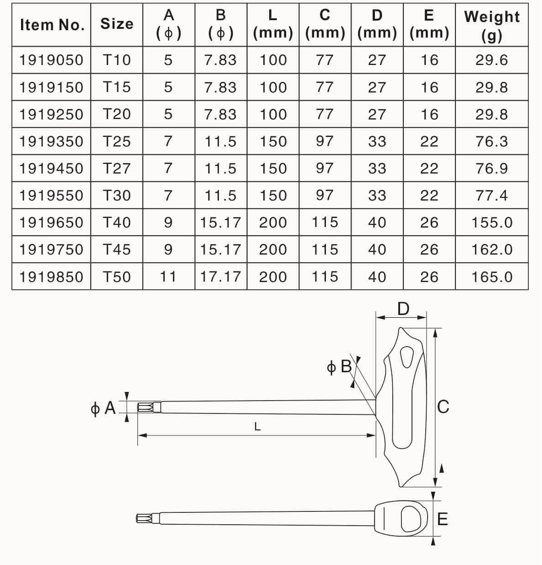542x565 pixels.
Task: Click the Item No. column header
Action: pyautogui.click(x=52, y=25)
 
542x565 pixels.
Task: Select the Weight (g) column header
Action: pyautogui.click(x=492, y=26)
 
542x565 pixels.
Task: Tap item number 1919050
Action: pyautogui.click(x=51, y=60)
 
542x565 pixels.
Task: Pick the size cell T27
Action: pyautogui.click(x=117, y=168)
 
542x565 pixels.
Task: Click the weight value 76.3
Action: pyautogui.click(x=492, y=141)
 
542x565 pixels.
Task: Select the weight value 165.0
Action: pyautogui.click(x=492, y=277)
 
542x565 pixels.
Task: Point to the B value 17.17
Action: pyautogui.click(x=221, y=277)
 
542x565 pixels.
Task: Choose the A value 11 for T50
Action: pyautogui.click(x=168, y=277)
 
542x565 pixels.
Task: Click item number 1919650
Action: pyautogui.click(x=51, y=223)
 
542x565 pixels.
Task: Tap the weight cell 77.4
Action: pyautogui.click(x=492, y=196)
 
